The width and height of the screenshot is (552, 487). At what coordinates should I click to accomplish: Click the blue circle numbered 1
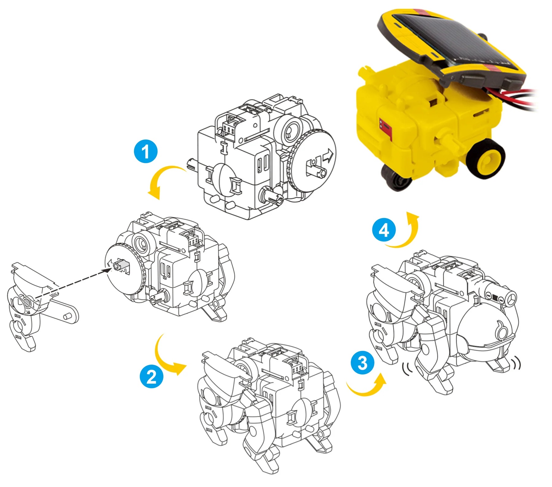146,151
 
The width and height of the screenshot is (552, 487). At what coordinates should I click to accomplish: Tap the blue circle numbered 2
151,376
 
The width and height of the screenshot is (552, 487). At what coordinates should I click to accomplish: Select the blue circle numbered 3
363,363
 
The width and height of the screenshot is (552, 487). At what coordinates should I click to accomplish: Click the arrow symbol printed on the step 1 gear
329,155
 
